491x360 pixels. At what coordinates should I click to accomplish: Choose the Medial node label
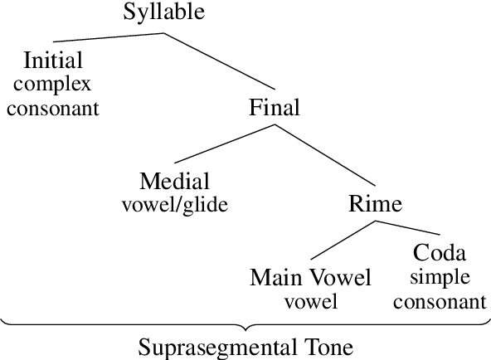point(174,181)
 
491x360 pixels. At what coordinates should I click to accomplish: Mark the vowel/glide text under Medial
point(174,204)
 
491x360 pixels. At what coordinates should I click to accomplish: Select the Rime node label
point(375,204)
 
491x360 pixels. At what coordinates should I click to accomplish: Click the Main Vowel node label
point(310,277)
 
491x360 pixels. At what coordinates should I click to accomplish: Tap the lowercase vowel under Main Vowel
point(310,300)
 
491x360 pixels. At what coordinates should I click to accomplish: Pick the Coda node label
point(440,253)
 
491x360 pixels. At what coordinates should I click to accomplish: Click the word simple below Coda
point(440,277)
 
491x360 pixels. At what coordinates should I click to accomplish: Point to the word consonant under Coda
point(440,300)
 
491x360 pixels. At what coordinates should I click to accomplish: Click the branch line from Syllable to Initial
point(108,38)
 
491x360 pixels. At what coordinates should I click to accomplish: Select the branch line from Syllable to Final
point(219,61)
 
